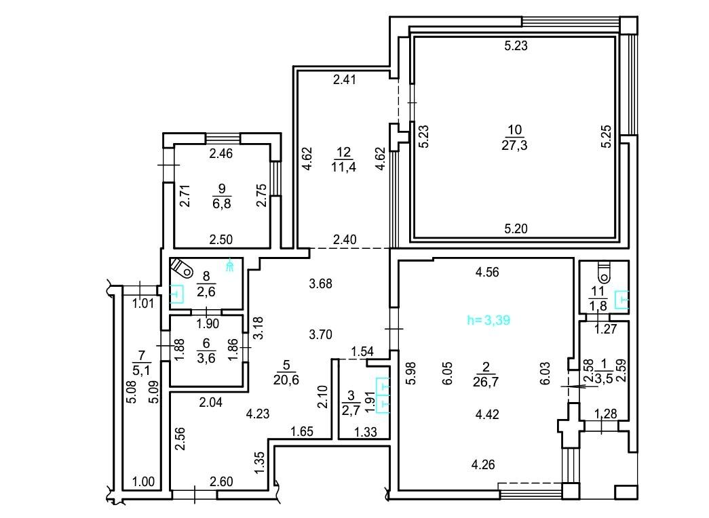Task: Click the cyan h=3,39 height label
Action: coord(488,320)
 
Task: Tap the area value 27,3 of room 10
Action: coord(514,145)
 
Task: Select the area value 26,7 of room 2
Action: coord(486,382)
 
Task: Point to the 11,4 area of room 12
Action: coord(343,167)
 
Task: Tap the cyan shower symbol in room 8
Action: coord(230,264)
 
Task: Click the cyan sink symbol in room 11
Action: coord(621,300)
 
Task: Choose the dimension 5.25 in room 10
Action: coord(606,136)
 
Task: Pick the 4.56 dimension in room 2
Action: coord(487,272)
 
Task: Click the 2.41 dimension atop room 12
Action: coord(345,79)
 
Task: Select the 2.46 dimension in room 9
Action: coord(221,154)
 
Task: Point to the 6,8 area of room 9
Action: coord(222,203)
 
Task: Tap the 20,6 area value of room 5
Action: coord(286,380)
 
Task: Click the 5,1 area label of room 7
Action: coord(142,371)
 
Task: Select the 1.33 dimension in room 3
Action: coord(365,432)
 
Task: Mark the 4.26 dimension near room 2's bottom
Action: coord(483,464)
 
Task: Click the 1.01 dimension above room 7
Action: coord(143,303)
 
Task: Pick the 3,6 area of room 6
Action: coord(206,358)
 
